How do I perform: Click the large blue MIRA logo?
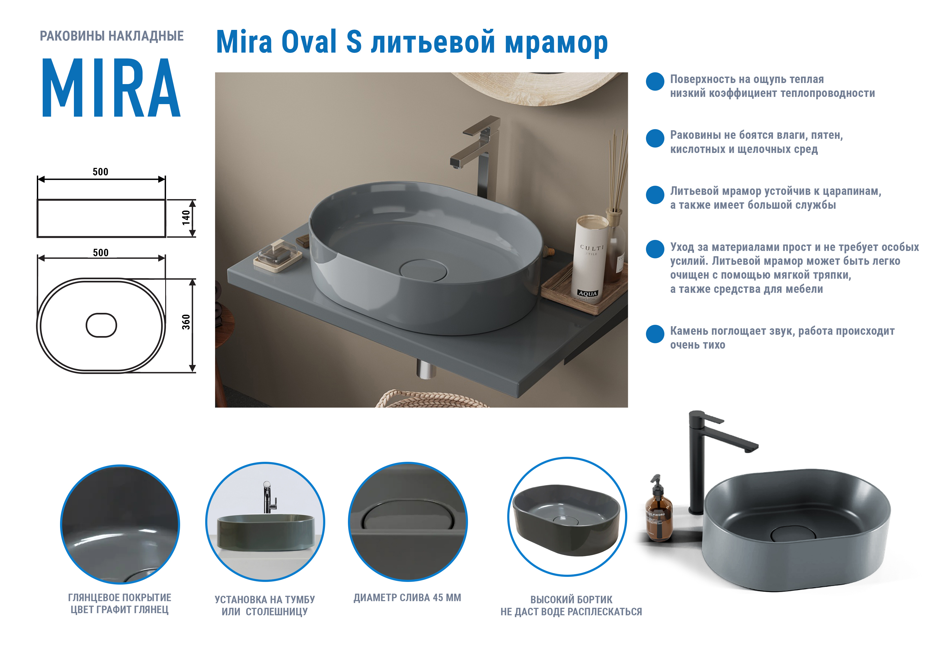tap(111, 88)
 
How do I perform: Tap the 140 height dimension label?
tap(186, 218)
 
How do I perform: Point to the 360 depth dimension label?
tap(186, 322)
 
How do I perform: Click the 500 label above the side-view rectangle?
tap(100, 172)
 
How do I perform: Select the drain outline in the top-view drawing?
tap(101, 325)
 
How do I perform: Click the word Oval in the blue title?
tap(309, 42)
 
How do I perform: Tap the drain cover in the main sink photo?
tap(423, 270)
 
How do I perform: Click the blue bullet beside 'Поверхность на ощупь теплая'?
tap(655, 82)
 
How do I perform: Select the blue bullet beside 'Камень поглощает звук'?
tap(655, 334)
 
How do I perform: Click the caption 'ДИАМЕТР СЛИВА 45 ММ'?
tap(407, 598)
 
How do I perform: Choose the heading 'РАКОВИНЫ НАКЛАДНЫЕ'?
tap(112, 36)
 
